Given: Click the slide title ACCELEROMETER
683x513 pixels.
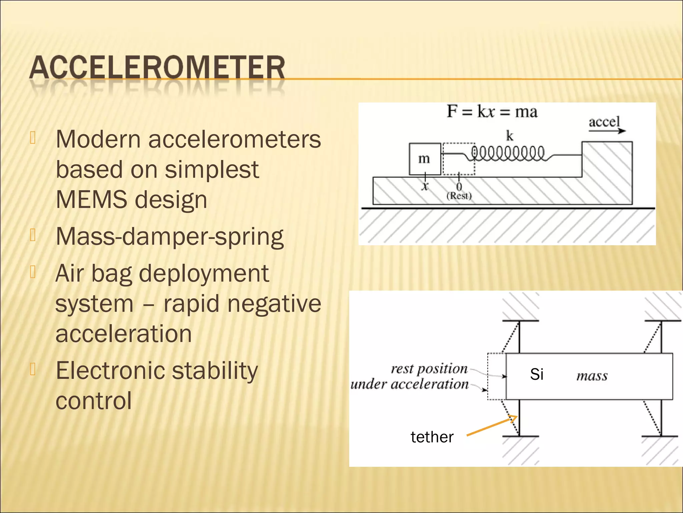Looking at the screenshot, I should click(157, 68).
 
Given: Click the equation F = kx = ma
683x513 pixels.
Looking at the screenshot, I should click(492, 112).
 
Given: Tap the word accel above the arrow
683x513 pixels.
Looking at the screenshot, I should click(604, 122).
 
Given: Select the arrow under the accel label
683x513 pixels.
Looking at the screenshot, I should click(607, 131).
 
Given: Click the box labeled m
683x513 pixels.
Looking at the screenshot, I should click(425, 159).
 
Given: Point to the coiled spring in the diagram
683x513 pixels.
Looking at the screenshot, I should click(508, 154).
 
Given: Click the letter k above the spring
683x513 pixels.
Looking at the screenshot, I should click(510, 136).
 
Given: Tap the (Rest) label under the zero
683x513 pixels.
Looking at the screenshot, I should click(459, 196).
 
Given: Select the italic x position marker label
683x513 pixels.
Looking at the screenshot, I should click(425, 186).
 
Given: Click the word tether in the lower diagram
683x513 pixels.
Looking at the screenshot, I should click(432, 437).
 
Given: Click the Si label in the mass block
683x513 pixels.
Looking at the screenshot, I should click(537, 374).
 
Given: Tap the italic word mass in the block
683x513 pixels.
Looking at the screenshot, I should click(592, 376).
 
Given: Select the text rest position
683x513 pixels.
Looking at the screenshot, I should click(429, 369).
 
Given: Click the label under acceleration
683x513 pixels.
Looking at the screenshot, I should click(410, 384).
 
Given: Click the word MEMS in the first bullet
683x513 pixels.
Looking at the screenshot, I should click(91, 199).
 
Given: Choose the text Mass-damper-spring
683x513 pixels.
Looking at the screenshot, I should click(169, 236).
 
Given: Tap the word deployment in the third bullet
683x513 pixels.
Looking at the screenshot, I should click(204, 273).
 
